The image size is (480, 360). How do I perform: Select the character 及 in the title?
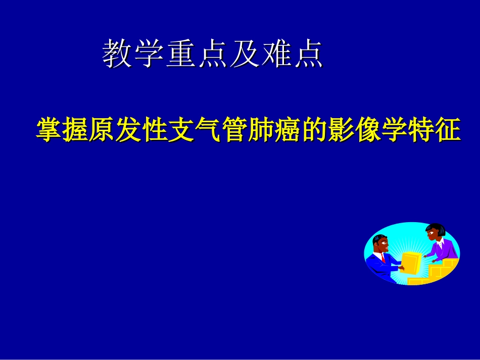pyautogui.click(x=244, y=54)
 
